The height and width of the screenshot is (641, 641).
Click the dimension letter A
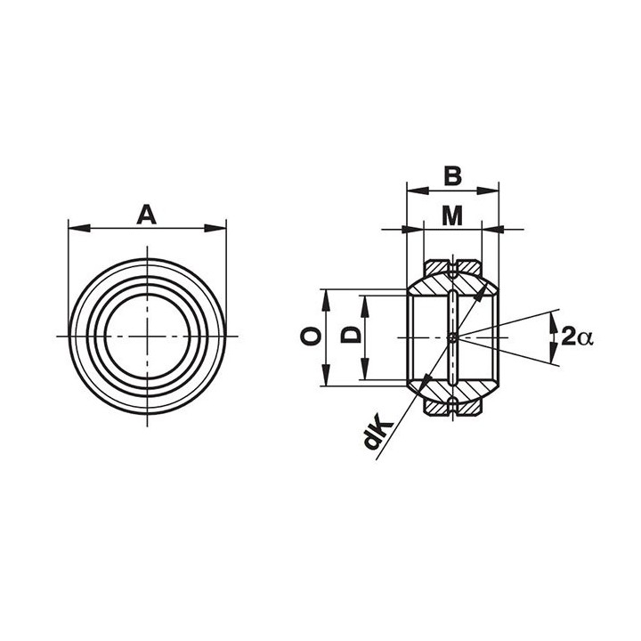pos(146,215)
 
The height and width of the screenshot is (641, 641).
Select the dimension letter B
pos(452,176)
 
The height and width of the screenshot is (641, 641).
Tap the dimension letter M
pos(452,215)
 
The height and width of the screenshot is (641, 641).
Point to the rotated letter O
pos(310,337)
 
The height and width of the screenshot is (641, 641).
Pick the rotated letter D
pos(351,336)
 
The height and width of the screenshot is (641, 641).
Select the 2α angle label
pos(577,337)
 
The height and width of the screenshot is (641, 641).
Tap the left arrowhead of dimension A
pos(79,228)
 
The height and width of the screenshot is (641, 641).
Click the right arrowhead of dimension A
pos(215,228)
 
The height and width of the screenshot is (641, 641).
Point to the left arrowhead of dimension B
pos(418,191)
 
